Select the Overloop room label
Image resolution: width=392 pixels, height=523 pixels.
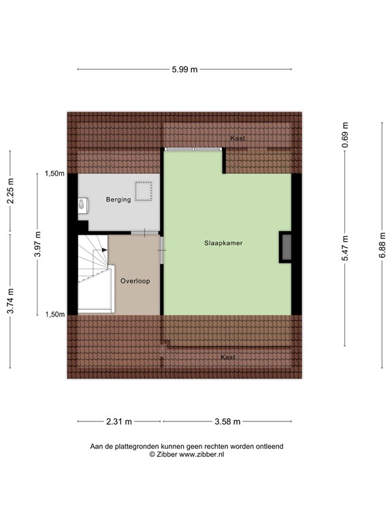pos(135,281)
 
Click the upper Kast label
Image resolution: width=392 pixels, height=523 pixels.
pos(238,138)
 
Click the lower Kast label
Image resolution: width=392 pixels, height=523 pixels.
pos(227,357)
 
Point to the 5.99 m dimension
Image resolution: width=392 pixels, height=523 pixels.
pos(184,69)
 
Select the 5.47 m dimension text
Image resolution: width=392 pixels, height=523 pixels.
pos(346,248)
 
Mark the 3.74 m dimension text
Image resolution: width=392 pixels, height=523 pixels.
pos(10,301)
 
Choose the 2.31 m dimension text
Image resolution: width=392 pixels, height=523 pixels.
pos(119,422)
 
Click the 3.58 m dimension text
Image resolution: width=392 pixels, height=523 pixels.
pos(227,422)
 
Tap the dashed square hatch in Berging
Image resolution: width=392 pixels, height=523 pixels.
pos(143,192)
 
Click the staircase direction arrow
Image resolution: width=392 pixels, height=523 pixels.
pos(104,250)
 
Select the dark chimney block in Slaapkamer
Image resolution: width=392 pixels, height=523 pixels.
pos(286,247)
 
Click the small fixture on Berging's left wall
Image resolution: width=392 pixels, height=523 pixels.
pos(82,203)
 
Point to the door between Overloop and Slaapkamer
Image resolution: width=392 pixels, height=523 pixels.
pos(162,250)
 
